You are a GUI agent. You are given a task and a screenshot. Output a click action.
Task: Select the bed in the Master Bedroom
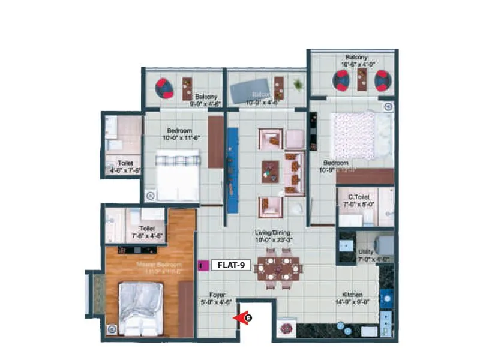[x=140, y=308]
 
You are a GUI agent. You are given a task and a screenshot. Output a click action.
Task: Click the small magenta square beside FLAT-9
[x=202, y=264]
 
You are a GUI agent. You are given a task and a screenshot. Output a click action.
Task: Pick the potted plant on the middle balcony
[x=298, y=85]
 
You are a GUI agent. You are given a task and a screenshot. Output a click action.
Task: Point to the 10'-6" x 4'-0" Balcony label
[x=358, y=61]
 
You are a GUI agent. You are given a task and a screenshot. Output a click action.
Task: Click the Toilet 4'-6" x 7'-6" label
[x=125, y=166]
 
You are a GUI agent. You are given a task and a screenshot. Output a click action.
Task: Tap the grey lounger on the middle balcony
[x=248, y=88]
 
